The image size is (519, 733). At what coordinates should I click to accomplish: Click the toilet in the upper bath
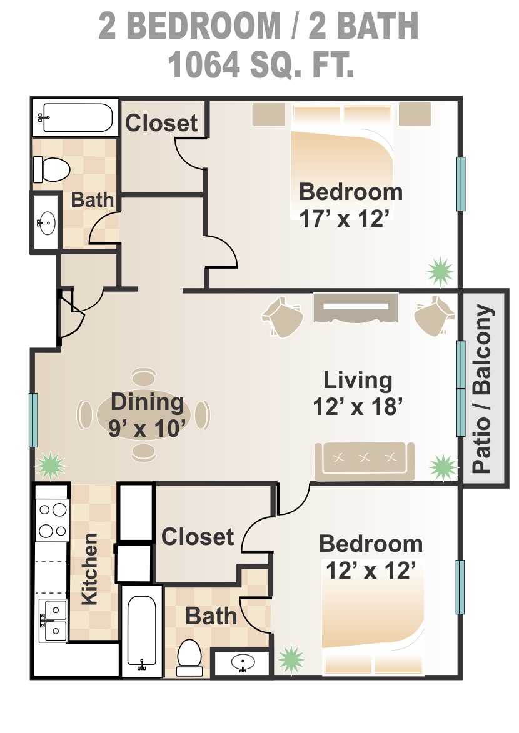pos(51,170)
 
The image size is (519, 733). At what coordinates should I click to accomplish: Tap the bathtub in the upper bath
pos(75,118)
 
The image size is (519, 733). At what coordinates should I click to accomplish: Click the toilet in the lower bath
pos(189,657)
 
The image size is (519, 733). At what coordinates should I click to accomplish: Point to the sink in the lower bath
pos(243,662)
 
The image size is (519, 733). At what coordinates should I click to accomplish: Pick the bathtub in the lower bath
pos(142,631)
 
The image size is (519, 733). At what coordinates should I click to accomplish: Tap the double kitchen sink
pos(53,621)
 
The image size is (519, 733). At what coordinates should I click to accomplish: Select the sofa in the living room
pos(365,461)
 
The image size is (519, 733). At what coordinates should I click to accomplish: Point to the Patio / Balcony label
pos(483,389)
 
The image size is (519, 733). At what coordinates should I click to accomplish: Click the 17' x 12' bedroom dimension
pos(344,218)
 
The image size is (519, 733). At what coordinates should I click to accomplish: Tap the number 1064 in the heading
pos(204,64)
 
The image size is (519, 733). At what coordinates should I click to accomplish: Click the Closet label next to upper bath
pos(161,123)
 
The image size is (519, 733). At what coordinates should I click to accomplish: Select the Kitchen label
pos(89,569)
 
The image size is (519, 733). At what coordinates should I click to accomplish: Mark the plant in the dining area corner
pos(50,465)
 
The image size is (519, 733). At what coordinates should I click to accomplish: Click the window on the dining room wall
pos(33,420)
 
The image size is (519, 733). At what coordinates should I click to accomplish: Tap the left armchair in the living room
pos(282,316)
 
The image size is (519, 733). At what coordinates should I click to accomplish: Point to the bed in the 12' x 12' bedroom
pos(373,617)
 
